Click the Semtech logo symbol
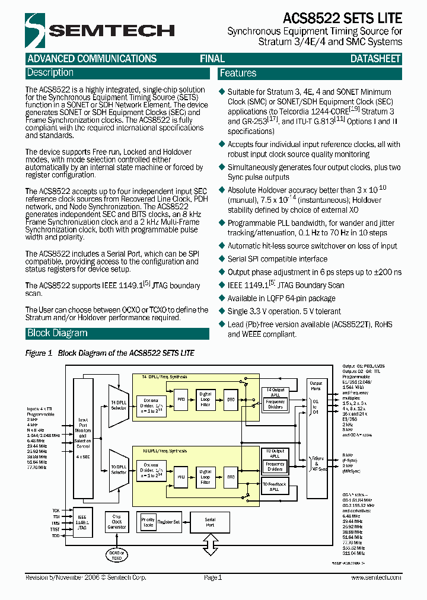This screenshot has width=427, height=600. pyautogui.click(x=36, y=30)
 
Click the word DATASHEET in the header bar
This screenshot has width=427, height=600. pyautogui.click(x=375, y=59)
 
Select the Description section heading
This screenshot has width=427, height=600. pyautogui.click(x=50, y=73)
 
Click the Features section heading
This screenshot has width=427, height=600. pyautogui.click(x=238, y=74)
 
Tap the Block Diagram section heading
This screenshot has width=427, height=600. pyautogui.click(x=58, y=333)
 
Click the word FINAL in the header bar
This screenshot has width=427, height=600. pyautogui.click(x=212, y=59)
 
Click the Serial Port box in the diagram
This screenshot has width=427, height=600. pyautogui.click(x=210, y=522)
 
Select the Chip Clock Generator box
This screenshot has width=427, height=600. pyautogui.click(x=117, y=522)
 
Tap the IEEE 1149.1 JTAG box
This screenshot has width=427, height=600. pyautogui.click(x=81, y=521)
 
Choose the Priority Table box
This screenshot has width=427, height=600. pyautogui.click(x=148, y=521)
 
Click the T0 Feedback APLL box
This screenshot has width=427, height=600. pyautogui.click(x=274, y=487)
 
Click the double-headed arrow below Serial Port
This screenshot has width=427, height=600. pyautogui.click(x=210, y=542)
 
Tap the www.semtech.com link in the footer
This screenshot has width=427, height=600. pyautogui.click(x=375, y=577)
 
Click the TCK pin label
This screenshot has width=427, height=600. pyautogui.click(x=56, y=510)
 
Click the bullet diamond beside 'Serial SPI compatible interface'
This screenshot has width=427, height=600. pyautogui.click(x=222, y=259)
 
